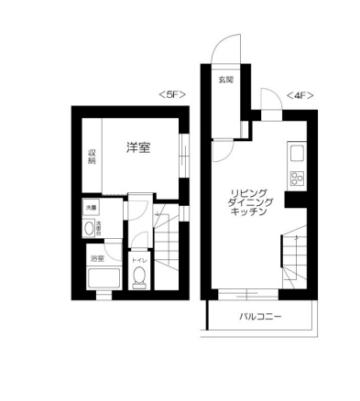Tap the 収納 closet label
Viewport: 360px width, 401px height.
(92, 157)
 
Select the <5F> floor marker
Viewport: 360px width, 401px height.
(171, 93)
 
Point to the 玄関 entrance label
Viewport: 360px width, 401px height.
(225, 81)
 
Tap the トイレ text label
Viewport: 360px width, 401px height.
(139, 261)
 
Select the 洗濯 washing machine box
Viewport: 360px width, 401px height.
(92, 210)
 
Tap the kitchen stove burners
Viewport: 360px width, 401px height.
(298, 177)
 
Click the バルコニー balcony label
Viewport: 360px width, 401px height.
(261, 317)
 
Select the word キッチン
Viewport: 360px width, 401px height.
(248, 212)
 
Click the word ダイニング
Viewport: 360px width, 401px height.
(248, 201)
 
